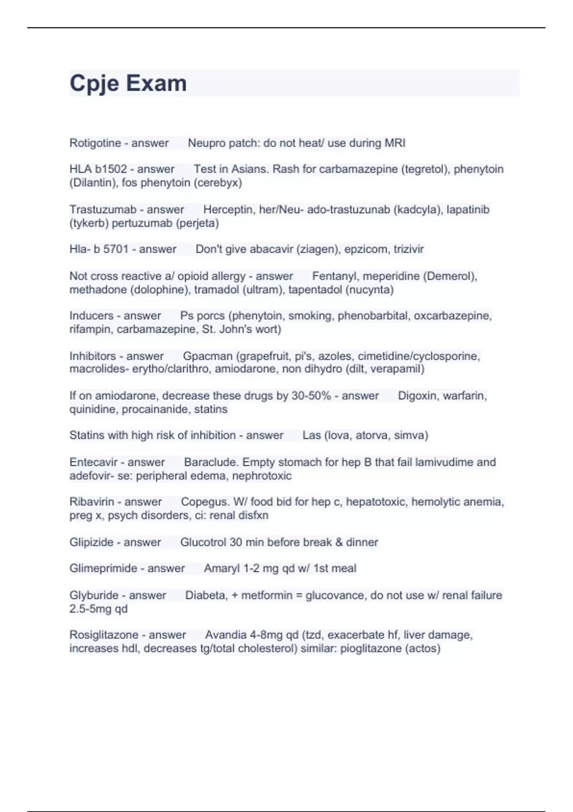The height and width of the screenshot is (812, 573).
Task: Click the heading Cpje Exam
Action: [128, 84]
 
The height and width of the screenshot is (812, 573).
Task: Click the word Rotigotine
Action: [95, 143]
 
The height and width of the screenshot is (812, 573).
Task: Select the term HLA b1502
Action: [98, 169]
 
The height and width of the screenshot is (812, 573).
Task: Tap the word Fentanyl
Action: [332, 276]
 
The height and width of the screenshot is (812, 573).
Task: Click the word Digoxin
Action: [416, 395]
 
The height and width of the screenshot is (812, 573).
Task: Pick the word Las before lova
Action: [311, 435]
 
